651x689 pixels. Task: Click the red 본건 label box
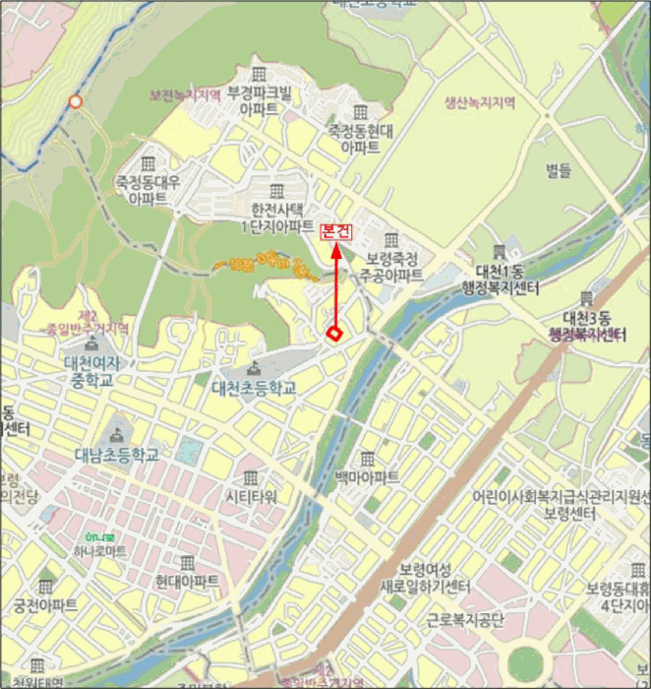pos(335,231)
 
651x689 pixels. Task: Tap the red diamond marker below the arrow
pos(334,334)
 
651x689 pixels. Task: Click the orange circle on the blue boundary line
pos(75,101)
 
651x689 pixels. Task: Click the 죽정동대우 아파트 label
pos(149,189)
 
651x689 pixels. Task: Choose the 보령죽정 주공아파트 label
pos(390,266)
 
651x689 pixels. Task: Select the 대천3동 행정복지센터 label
pos(587,326)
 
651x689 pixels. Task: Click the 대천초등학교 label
pos(255,388)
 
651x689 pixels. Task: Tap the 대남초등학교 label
pos(116,455)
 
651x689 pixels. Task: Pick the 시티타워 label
pos(252,496)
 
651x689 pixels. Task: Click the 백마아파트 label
pos(367,477)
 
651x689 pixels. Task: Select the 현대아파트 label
pos(187,581)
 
